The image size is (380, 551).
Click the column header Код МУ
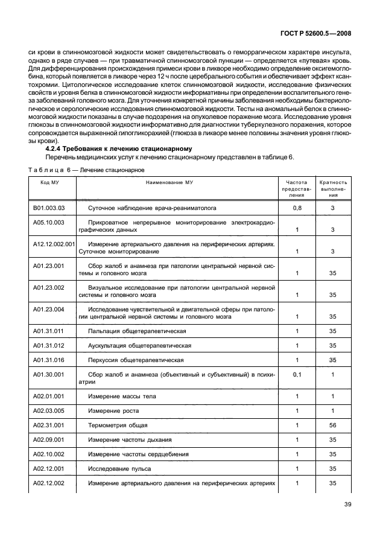click(49, 182)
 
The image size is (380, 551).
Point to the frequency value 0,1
click(296, 374)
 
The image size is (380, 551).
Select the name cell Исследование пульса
click(119, 468)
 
